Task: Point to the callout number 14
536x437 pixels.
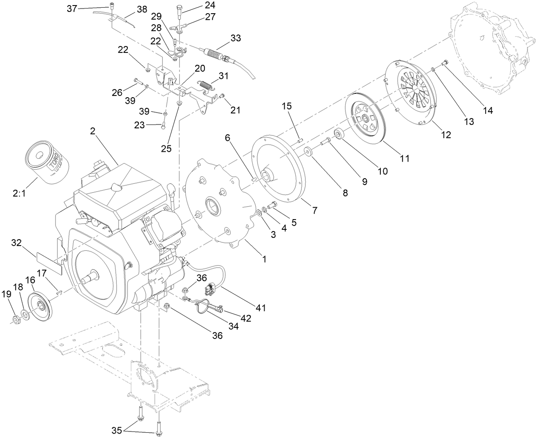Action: (487, 110)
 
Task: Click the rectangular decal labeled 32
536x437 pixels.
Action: (49, 263)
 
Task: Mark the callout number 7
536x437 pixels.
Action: (314, 210)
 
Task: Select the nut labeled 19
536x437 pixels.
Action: (14, 320)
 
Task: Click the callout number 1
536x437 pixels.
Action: (264, 259)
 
